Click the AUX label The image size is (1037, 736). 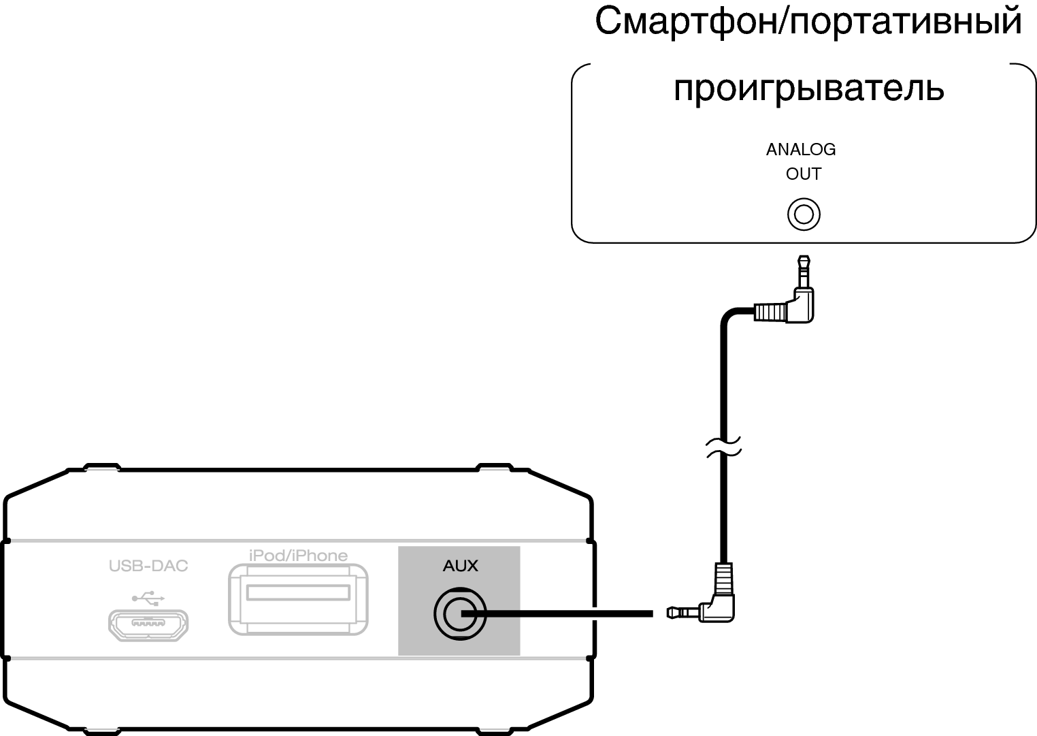point(460,566)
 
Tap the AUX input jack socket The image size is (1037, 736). point(460,614)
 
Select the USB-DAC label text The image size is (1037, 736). point(148,566)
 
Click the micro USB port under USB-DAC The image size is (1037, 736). point(148,625)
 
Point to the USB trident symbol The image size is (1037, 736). point(148,598)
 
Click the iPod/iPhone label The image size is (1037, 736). point(298,556)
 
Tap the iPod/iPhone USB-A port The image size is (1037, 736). point(298,599)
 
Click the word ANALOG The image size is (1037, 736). point(801,150)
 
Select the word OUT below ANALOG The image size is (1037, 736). point(804,174)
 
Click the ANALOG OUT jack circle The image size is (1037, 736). point(804,214)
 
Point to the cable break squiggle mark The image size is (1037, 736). point(724,447)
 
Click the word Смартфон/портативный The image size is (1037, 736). point(808,21)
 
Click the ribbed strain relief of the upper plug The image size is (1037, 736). point(770,312)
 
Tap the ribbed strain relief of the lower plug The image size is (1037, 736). point(724,579)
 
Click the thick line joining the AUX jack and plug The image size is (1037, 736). point(557,613)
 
